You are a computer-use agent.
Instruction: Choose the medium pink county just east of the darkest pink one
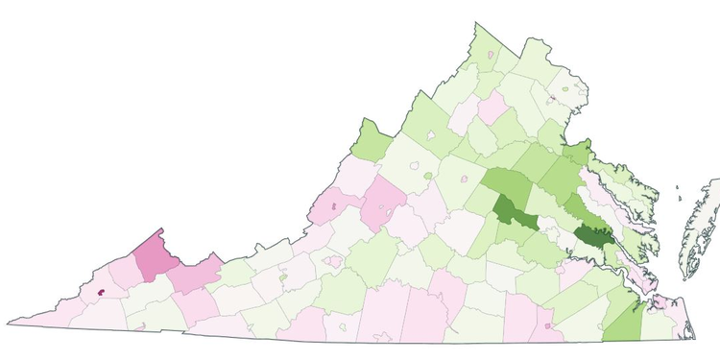click(195, 276)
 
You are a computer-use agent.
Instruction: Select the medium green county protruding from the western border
click(371, 142)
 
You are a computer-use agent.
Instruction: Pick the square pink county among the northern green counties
click(492, 107)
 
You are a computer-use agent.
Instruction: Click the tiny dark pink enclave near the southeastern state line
click(547, 326)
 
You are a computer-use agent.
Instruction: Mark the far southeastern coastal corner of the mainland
click(693, 338)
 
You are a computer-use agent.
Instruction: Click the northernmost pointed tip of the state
click(475, 24)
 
